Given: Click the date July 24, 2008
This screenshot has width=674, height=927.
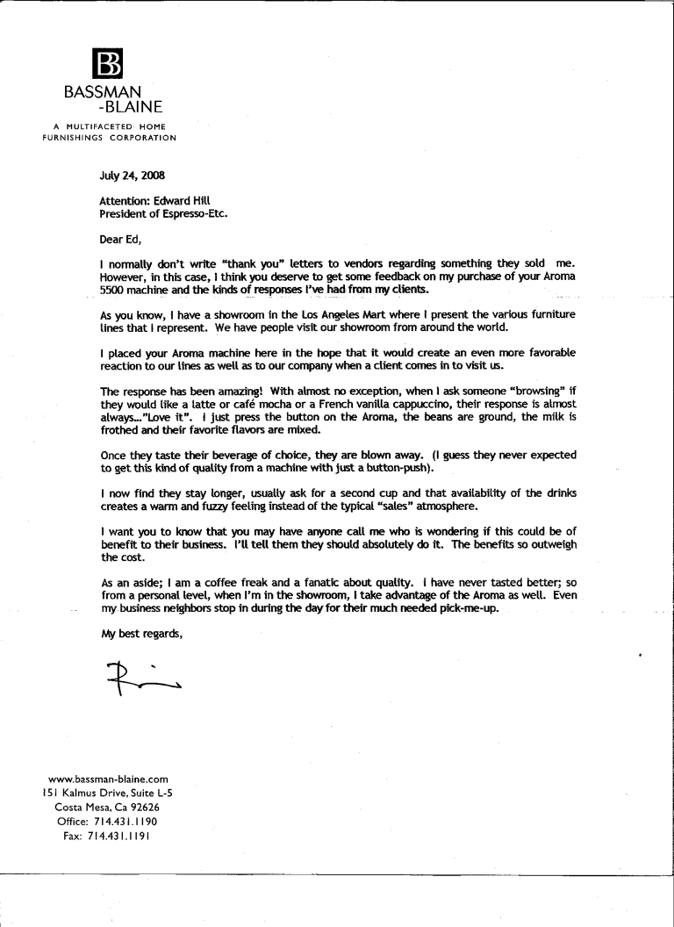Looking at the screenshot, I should click(x=131, y=175).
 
